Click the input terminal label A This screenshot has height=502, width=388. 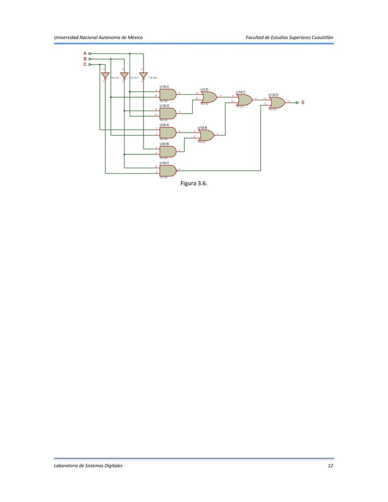point(85,53)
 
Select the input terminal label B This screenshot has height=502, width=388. point(85,59)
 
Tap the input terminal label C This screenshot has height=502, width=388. point(85,64)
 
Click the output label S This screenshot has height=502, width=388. point(302,103)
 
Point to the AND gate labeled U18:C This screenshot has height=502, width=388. point(167,94)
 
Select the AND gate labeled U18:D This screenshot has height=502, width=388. point(167,113)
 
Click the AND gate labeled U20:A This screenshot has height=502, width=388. point(167,132)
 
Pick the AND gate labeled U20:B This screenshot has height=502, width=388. point(167,151)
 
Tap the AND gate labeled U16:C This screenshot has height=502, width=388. point(167,170)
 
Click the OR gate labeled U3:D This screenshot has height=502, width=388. point(209,97)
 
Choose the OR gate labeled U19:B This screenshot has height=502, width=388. point(206,135)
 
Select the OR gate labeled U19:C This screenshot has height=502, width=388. point(244,100)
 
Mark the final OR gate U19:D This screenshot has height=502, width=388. point(277,103)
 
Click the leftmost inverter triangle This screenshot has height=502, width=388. point(105,76)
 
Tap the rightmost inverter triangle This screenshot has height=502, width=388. point(144,76)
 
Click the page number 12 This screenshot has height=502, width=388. point(330,465)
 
